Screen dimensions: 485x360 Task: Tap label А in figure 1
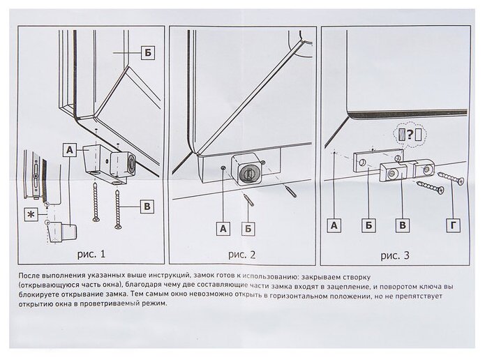tap(69, 149)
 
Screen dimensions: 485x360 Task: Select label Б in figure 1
tap(146, 52)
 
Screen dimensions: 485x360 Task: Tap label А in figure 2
tap(223, 226)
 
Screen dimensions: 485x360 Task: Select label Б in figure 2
tap(249, 226)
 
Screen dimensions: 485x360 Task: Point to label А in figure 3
tap(334, 225)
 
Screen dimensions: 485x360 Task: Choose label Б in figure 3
tap(368, 225)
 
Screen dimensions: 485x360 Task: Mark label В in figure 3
tap(401, 225)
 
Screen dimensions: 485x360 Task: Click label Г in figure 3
tap(454, 225)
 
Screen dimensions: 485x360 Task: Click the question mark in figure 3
tap(408, 134)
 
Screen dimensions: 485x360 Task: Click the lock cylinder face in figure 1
tap(130, 163)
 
